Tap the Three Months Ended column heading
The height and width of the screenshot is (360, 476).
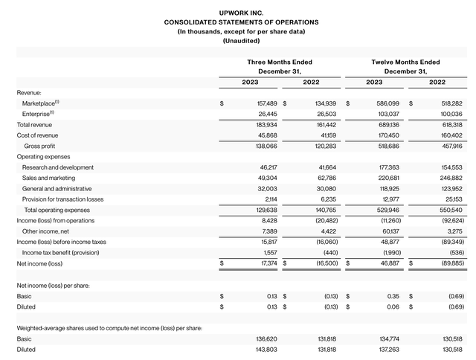pos(279,62)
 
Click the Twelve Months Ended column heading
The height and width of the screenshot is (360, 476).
pos(405,62)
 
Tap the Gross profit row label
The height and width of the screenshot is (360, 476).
pos(42,146)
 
